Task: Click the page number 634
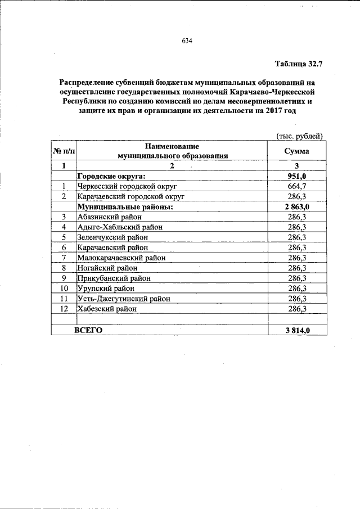(187, 41)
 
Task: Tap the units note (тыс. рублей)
(299, 136)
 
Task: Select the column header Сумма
(296, 151)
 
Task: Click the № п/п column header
(63, 151)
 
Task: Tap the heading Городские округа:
(111, 176)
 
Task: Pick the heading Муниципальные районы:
(125, 206)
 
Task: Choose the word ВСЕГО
(88, 330)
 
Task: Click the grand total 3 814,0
(298, 330)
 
